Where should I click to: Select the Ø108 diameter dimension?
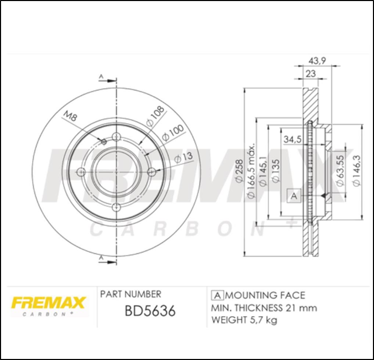tap(155, 116)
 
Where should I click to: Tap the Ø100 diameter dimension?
tap(173, 132)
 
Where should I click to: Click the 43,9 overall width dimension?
tap(317, 61)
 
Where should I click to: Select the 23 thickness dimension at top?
tap(311, 74)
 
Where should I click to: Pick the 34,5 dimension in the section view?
tap(292, 139)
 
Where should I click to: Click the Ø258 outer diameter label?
tap(239, 171)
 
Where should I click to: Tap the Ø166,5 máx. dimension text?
tap(251, 171)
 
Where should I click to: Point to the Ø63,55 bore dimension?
tap(340, 171)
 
